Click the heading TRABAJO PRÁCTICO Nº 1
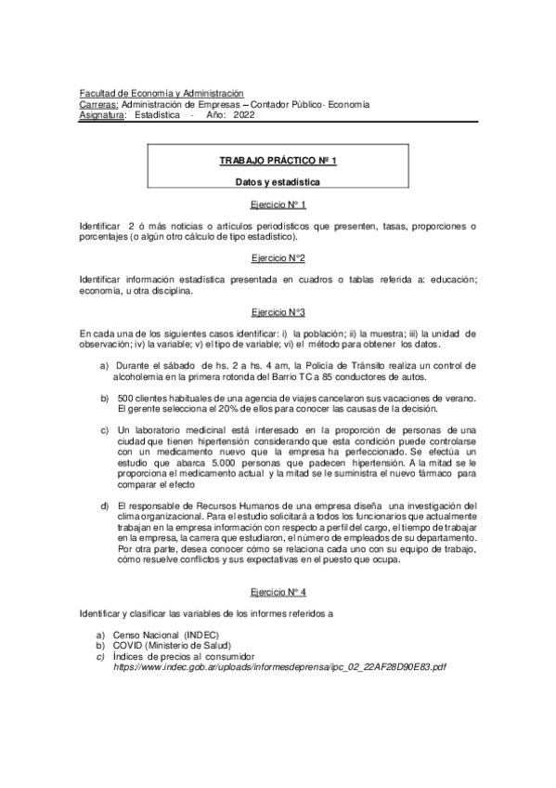coord(278,161)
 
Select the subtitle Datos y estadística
coord(278,184)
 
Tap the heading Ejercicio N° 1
coord(278,204)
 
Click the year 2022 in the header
coord(244,116)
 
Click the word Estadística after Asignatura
coord(157,116)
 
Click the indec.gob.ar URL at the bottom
coord(279,667)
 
